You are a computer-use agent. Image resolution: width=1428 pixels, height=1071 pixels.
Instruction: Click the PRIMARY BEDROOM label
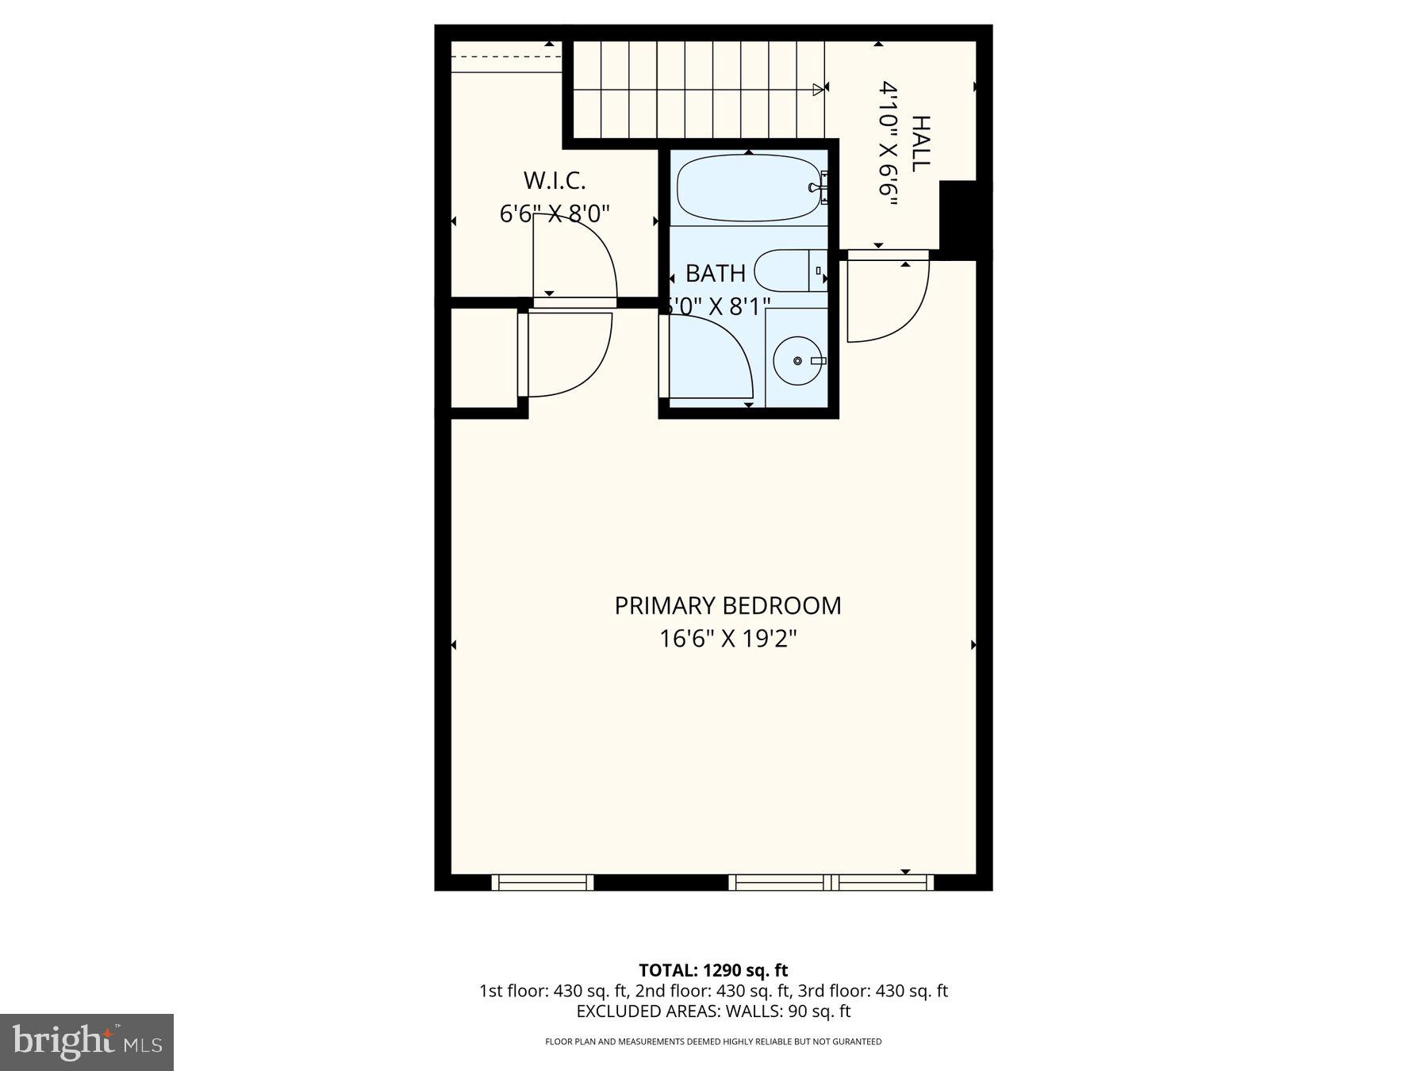click(727, 605)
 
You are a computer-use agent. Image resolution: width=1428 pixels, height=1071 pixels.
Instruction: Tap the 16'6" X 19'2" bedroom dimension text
click(727, 639)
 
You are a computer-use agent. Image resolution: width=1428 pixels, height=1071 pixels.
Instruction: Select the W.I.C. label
click(554, 181)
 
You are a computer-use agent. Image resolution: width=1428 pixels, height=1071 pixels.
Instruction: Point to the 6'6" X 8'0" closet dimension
click(554, 213)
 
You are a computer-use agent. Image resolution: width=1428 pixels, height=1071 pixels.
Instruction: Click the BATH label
click(715, 273)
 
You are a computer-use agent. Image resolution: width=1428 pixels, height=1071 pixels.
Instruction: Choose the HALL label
click(920, 144)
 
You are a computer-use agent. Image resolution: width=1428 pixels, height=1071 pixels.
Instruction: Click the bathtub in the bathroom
click(748, 188)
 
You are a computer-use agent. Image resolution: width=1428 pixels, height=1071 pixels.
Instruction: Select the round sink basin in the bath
click(797, 361)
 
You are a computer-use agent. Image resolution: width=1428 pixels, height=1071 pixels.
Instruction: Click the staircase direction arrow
click(818, 90)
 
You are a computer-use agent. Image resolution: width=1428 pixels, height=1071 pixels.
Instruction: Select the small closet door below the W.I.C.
click(567, 353)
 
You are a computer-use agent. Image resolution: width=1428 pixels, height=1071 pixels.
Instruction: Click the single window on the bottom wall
click(543, 882)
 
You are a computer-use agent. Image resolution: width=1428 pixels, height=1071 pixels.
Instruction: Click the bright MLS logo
click(86, 1042)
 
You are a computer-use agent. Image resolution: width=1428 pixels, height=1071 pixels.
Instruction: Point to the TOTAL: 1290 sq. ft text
click(713, 969)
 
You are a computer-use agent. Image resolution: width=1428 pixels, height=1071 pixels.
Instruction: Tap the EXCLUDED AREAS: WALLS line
click(713, 1011)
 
